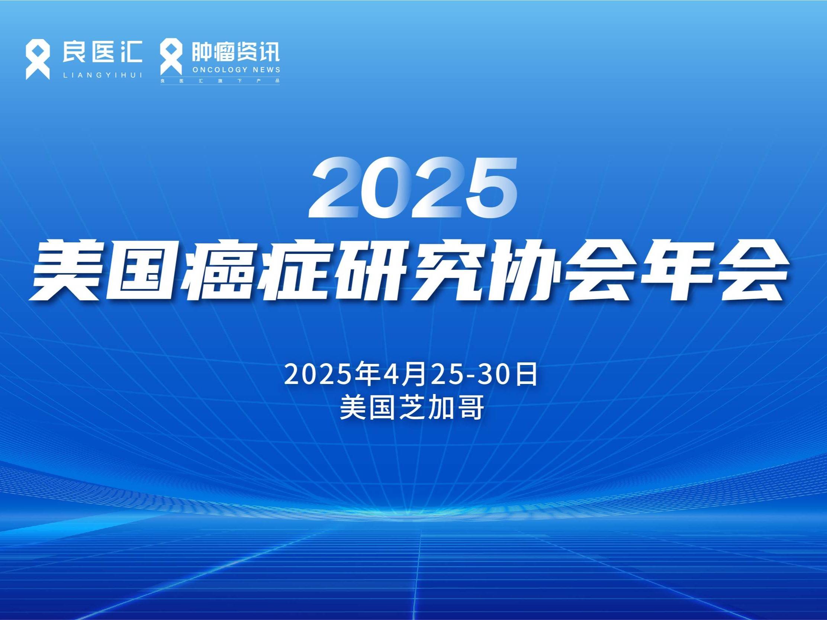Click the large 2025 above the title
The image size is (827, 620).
pos(413,188)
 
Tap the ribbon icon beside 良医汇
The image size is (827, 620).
pos(38,60)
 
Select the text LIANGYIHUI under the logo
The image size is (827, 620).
pos(103,75)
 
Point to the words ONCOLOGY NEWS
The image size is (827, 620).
pos(236,70)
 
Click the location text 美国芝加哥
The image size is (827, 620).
pos(412,407)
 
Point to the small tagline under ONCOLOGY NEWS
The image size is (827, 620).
pos(220,81)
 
